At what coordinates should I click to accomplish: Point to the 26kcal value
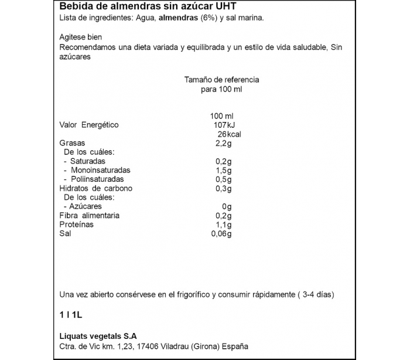tap(225, 134)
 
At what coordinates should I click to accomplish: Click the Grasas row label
tap(73, 143)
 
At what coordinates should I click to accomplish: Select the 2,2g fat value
tap(224, 143)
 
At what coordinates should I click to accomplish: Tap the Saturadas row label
tap(87, 161)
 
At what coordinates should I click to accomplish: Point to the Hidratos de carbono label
tap(96, 188)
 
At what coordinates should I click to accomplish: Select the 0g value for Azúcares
tap(227, 206)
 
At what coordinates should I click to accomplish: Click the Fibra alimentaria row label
tap(90, 215)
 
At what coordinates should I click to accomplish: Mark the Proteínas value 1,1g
tap(224, 225)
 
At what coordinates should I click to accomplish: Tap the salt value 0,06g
tap(222, 234)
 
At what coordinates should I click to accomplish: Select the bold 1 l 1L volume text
tap(71, 315)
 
